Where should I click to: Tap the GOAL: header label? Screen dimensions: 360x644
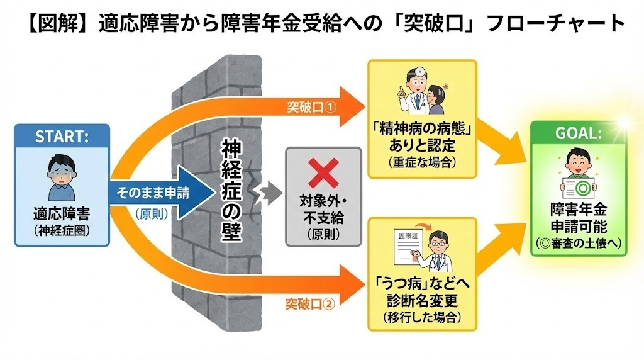click(x=579, y=133)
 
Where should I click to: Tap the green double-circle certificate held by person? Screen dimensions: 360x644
click(x=579, y=186)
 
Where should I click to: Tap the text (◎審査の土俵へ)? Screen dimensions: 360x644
click(x=579, y=244)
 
